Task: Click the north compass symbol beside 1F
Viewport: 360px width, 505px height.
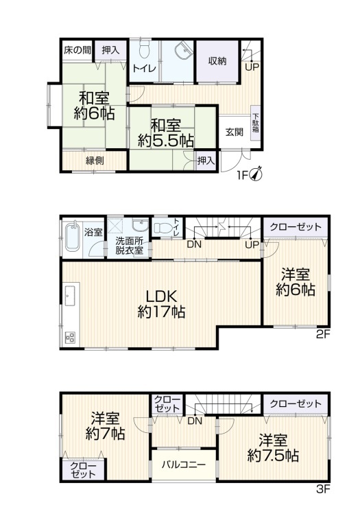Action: [x=256, y=174]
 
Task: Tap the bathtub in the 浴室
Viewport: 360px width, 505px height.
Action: [x=74, y=237]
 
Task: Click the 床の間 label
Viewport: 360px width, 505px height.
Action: [x=77, y=50]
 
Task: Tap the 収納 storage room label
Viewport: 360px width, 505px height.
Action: [x=217, y=61]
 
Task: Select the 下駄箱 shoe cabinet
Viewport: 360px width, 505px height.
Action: [x=256, y=124]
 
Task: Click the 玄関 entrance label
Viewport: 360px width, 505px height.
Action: [x=234, y=132]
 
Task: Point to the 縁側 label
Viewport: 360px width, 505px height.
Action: [x=95, y=160]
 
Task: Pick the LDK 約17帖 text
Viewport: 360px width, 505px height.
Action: [x=161, y=304]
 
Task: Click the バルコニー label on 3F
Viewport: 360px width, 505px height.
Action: [x=183, y=465]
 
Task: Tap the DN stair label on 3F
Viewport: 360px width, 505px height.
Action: [x=195, y=421]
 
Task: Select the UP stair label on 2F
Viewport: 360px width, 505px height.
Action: [x=252, y=245]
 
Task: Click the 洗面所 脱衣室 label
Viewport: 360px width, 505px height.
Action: [x=129, y=246]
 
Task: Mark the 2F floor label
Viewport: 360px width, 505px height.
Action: [x=323, y=334]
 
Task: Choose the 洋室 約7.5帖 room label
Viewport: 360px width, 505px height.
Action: [x=273, y=448]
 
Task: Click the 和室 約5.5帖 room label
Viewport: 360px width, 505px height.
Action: [x=166, y=133]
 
